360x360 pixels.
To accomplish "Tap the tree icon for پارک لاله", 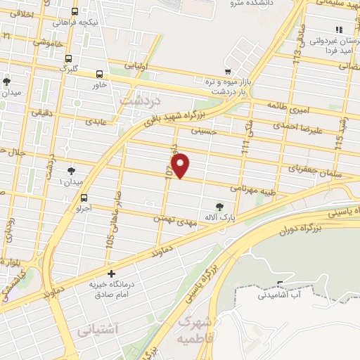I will (220, 206).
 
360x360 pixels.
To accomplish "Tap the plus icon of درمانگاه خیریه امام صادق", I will (110, 274).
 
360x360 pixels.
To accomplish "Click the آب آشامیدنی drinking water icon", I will (281, 284).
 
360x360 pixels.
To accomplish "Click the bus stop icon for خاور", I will (99, 73).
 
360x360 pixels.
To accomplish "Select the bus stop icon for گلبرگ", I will (67, 58).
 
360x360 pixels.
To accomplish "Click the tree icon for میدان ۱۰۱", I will (71, 171).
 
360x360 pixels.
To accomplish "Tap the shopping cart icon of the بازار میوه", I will (227, 72).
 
